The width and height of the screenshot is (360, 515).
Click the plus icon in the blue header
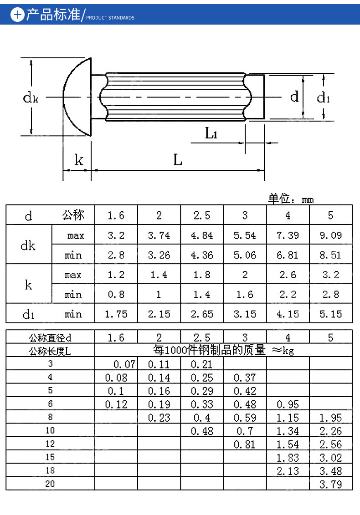point(17,15)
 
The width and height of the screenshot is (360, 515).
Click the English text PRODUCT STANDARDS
point(110,18)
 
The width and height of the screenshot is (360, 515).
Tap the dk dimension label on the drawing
point(31,97)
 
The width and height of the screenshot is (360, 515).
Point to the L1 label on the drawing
point(211,133)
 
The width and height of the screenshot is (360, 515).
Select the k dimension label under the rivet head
point(78,160)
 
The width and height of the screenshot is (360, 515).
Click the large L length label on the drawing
point(178,160)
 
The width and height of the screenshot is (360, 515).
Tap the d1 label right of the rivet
point(323,97)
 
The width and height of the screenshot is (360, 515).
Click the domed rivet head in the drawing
point(77,97)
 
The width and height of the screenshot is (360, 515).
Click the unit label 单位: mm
point(291,199)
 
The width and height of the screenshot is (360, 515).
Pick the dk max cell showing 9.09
point(331,235)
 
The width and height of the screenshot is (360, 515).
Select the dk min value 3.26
point(159,255)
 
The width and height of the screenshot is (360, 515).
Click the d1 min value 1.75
point(116,314)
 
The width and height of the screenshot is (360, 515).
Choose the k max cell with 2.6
point(288,275)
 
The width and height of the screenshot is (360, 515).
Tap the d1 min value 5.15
point(331,314)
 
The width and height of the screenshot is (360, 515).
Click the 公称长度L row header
point(50,351)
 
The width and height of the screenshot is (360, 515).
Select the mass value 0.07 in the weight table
point(124,364)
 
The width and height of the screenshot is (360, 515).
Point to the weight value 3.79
point(331,484)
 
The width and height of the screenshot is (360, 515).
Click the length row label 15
point(50,457)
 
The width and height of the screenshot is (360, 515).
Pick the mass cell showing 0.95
point(288,404)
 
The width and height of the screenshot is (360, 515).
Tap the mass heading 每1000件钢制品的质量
point(209,350)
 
